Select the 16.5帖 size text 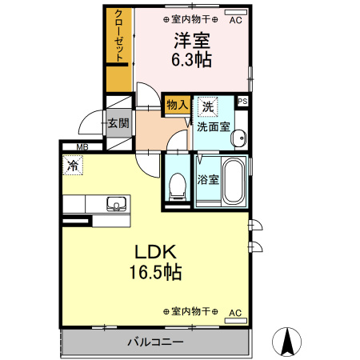[x=155, y=272]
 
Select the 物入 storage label [x=177, y=104]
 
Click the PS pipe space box [x=242, y=102]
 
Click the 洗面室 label [x=214, y=126]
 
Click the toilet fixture [x=178, y=186]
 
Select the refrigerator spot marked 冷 [x=73, y=167]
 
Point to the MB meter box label [x=82, y=146]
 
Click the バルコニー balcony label [x=155, y=342]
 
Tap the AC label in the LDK [x=235, y=312]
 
